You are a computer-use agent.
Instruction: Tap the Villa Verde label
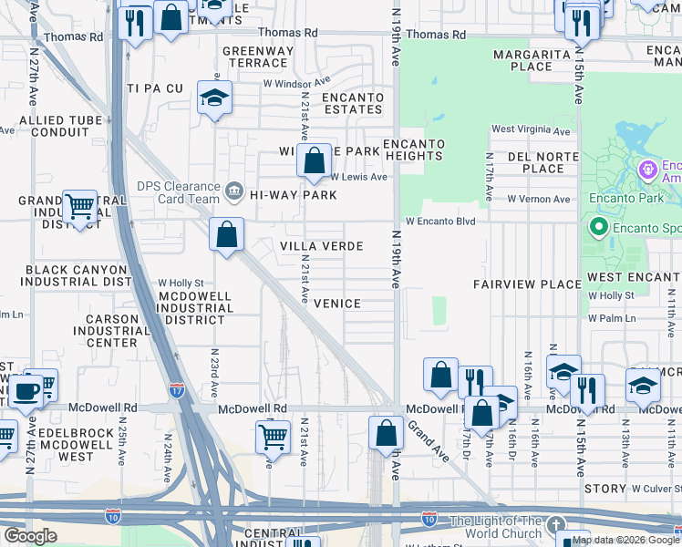pyautogui.click(x=321, y=247)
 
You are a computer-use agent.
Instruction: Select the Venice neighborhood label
pyautogui.click(x=336, y=304)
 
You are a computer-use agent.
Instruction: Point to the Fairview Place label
pyautogui.click(x=527, y=285)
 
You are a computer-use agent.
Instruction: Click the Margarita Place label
pyautogui.click(x=535, y=60)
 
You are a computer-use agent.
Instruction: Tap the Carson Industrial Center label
pyautogui.click(x=112, y=331)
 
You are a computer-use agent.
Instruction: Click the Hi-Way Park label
pyautogui.click(x=293, y=195)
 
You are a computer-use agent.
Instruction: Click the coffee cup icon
pyautogui.click(x=24, y=392)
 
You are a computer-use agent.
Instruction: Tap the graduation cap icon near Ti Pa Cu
pyautogui.click(x=213, y=98)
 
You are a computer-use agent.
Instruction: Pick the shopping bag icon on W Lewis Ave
pyautogui.click(x=313, y=161)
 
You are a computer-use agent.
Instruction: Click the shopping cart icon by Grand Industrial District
pyautogui.click(x=79, y=207)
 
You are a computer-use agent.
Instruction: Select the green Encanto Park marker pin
pyautogui.click(x=599, y=225)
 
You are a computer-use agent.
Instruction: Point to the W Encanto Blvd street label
pyautogui.click(x=440, y=222)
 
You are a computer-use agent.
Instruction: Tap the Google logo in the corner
pyautogui.click(x=32, y=536)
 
